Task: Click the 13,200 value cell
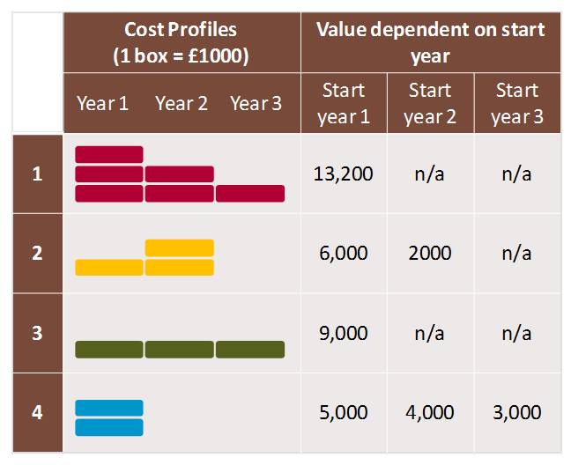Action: coord(343,173)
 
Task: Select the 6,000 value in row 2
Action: coord(343,254)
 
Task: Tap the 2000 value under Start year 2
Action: coord(430,254)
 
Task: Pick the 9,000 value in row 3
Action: coord(343,334)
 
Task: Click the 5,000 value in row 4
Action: coord(343,412)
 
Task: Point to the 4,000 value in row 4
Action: coord(430,412)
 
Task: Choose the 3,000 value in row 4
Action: coord(516,412)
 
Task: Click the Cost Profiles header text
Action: coord(182,41)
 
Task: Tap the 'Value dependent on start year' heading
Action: coord(430,41)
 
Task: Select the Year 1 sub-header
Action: coord(102,103)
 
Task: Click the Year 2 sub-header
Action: coord(181,103)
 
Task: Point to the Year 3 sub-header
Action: coord(256,103)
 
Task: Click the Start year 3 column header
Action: coord(516,103)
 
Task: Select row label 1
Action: coord(37,173)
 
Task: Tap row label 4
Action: coord(37,412)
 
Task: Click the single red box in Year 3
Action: coord(250,193)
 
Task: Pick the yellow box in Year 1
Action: coord(109,267)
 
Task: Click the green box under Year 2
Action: coord(180,350)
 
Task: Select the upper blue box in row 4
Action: coord(109,408)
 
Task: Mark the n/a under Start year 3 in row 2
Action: coord(516,254)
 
